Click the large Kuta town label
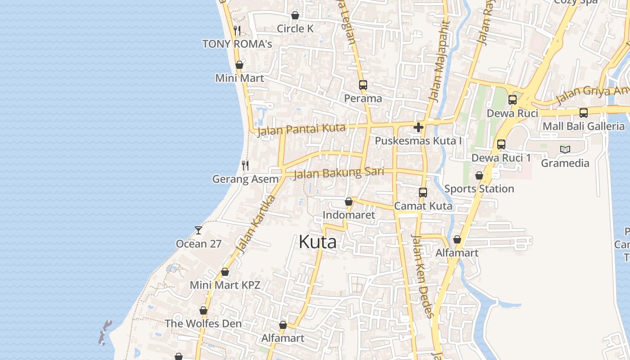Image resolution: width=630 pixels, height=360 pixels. (x=317, y=242)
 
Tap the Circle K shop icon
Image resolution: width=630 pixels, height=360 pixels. (x=295, y=16)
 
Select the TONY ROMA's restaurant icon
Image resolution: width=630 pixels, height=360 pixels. (x=238, y=31)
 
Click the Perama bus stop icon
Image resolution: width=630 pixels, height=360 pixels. (x=363, y=85)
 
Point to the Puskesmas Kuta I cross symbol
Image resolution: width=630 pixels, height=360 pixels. (x=418, y=127)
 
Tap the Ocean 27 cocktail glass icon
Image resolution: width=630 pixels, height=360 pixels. (x=198, y=230)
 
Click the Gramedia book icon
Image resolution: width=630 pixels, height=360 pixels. (x=565, y=149)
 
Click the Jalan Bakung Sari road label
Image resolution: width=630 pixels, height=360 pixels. (x=338, y=173)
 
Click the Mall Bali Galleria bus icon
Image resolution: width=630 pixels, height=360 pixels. (x=584, y=113)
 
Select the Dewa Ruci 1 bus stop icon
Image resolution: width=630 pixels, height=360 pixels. (x=501, y=144)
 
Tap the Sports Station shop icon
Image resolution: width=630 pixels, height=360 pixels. (x=479, y=175)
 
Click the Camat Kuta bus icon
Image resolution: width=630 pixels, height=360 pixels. (x=423, y=193)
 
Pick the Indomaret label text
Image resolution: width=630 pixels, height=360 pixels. (x=349, y=215)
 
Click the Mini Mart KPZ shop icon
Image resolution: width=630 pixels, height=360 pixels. (x=225, y=272)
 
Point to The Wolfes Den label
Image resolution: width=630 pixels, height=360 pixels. (x=203, y=324)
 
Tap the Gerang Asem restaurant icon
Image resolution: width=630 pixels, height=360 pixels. (x=245, y=166)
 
